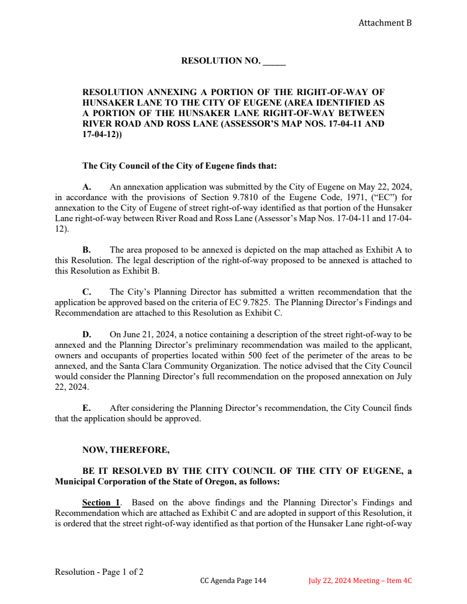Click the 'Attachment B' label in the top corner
coord(385,23)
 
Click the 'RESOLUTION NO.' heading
coord(221,61)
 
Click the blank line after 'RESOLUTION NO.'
coord(274,61)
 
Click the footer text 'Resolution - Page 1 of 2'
coord(99,572)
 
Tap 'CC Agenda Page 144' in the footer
coord(233,581)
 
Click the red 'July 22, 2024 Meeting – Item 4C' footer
coord(360,581)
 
